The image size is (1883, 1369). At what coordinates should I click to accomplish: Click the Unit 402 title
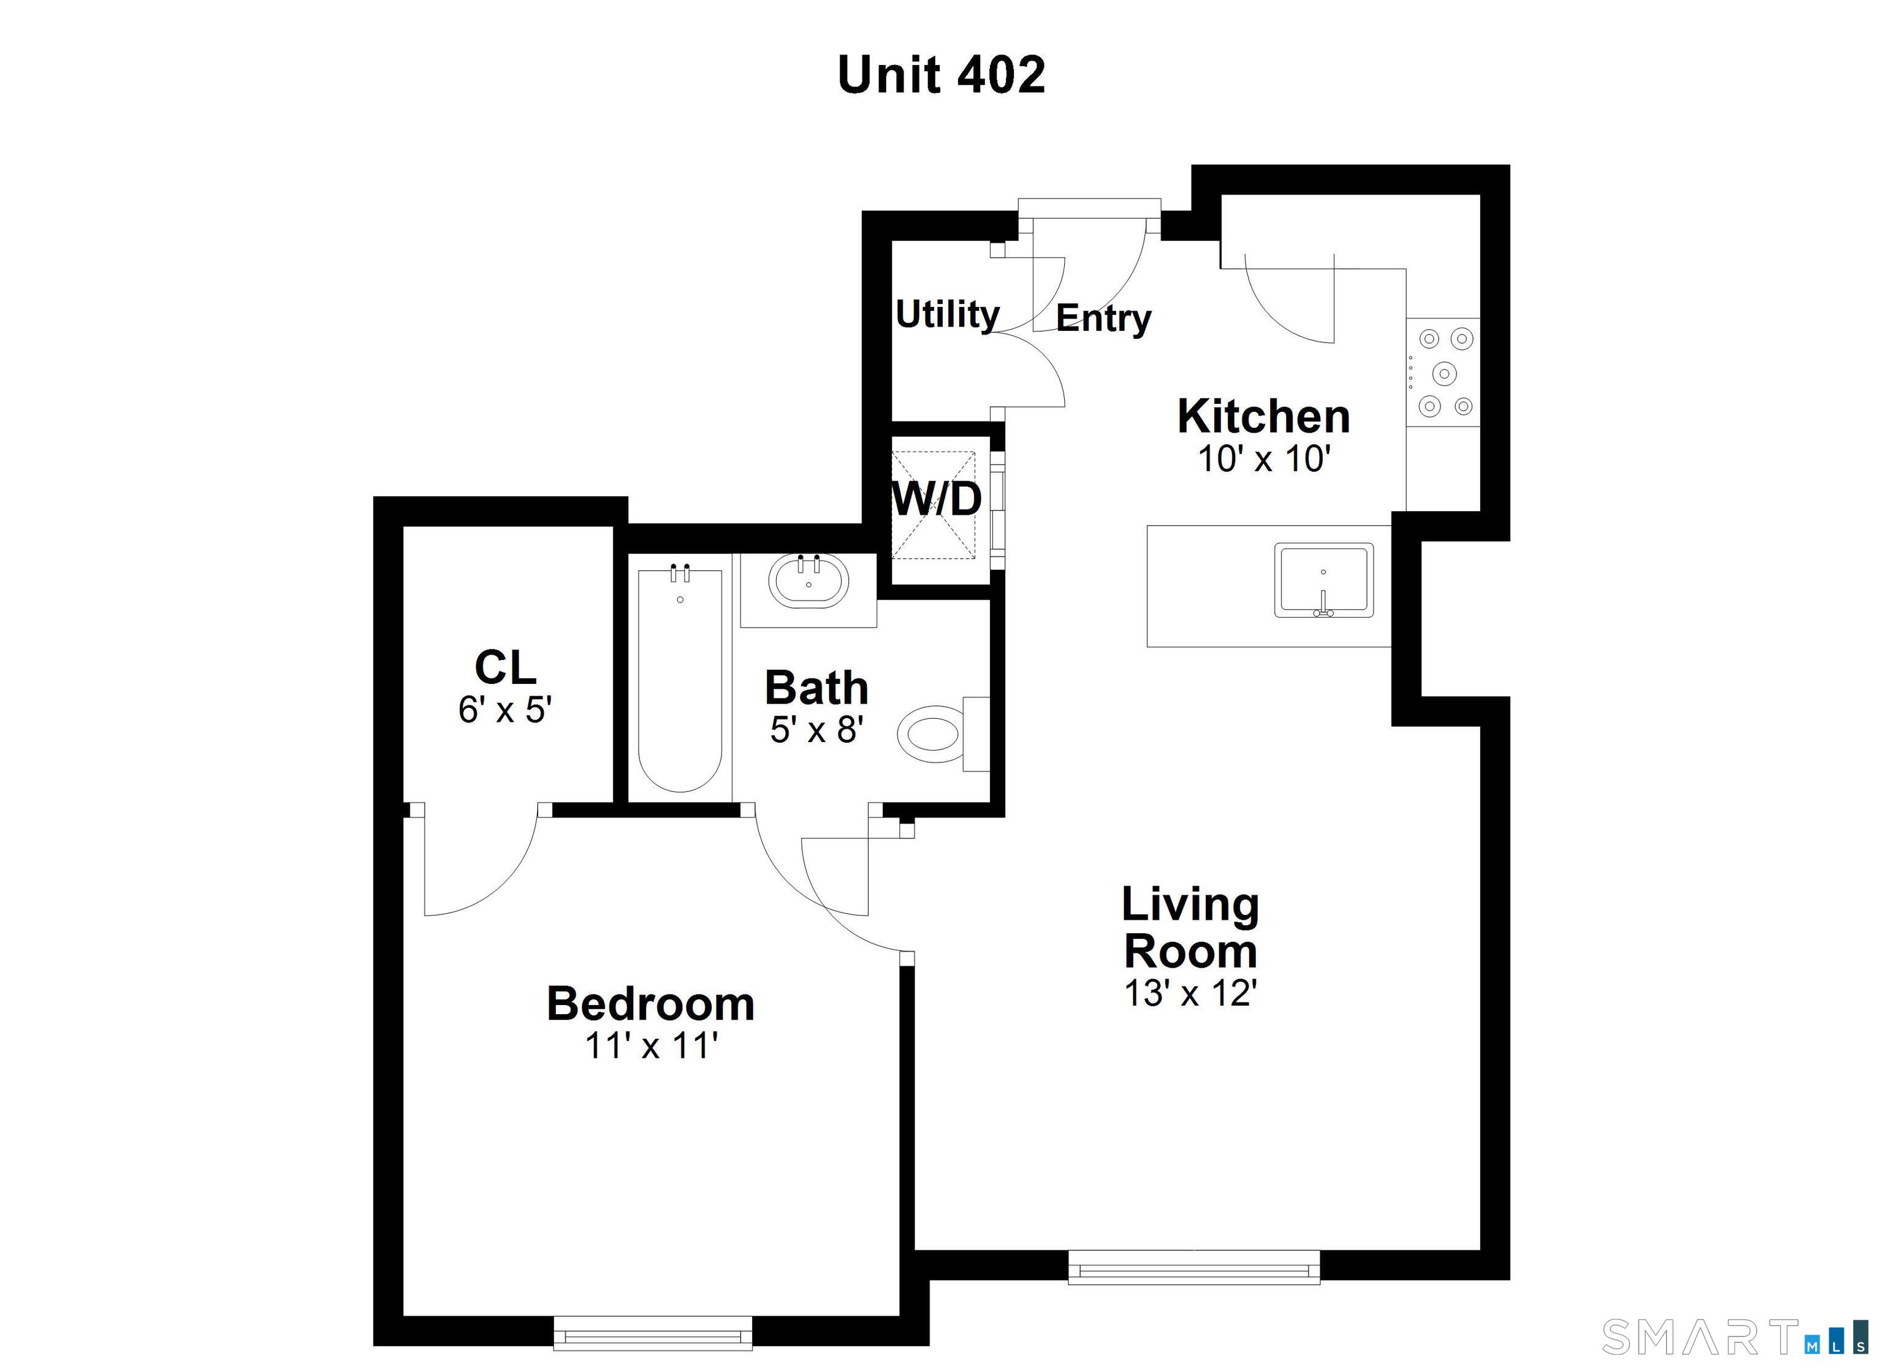click(941, 75)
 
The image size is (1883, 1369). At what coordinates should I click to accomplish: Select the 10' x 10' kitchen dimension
click(1264, 458)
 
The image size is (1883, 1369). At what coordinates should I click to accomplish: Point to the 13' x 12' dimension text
click(1190, 993)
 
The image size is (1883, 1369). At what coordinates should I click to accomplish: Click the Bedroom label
click(650, 1004)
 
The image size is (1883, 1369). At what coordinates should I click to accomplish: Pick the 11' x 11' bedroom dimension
click(651, 1045)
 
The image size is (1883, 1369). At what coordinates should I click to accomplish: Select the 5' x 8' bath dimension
click(817, 730)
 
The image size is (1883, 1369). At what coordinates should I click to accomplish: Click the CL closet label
click(505, 667)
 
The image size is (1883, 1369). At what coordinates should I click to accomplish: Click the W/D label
click(937, 499)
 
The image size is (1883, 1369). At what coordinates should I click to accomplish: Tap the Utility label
click(947, 314)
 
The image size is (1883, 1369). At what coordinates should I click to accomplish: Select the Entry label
click(1103, 318)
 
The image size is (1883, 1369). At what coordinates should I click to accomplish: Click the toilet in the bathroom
click(934, 735)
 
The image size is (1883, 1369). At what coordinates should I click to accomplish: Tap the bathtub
click(679, 681)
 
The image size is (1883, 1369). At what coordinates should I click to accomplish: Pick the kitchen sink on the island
click(1323, 580)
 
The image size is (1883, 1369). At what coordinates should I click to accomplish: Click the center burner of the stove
click(1445, 374)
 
